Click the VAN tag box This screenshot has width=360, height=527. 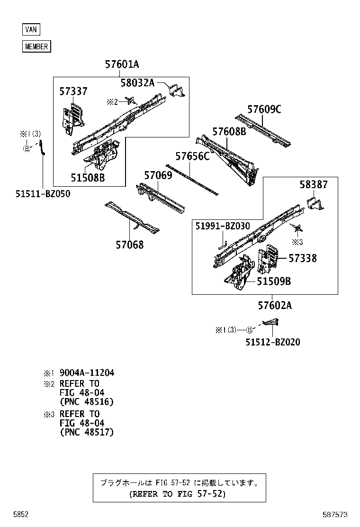click(x=31, y=29)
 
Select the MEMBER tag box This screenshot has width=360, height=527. click(x=36, y=46)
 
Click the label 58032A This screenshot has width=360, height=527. click(x=137, y=83)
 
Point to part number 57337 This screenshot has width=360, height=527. click(x=73, y=91)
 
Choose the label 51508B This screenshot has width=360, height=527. click(x=88, y=178)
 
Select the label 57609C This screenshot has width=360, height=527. click(x=264, y=109)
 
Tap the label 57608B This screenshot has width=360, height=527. click(x=229, y=132)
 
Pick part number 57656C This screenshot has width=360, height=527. click(x=192, y=156)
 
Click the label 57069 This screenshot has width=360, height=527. click(x=158, y=176)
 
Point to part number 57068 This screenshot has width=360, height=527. click(x=129, y=245)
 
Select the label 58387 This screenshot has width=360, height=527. click(x=313, y=185)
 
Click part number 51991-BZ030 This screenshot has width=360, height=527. click(x=223, y=227)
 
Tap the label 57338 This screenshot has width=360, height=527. click(x=303, y=258)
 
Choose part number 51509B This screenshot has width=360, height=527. click(x=274, y=282)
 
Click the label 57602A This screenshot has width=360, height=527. click(x=275, y=306)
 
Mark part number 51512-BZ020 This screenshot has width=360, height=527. click(x=272, y=342)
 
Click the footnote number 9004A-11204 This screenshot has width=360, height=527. click(x=87, y=373)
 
